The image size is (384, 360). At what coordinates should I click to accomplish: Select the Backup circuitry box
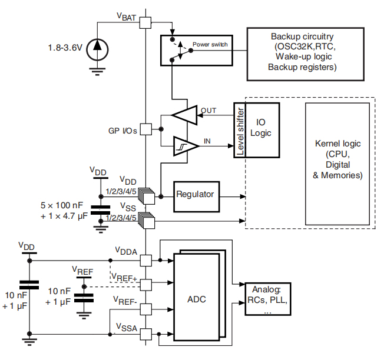(302, 53)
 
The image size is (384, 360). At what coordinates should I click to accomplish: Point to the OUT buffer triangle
(186, 115)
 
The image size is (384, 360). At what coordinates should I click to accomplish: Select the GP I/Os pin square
(145, 130)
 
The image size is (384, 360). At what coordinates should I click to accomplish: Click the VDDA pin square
(145, 259)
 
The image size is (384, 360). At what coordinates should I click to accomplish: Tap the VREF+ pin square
(145, 285)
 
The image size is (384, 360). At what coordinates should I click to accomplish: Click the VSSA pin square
(145, 333)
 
